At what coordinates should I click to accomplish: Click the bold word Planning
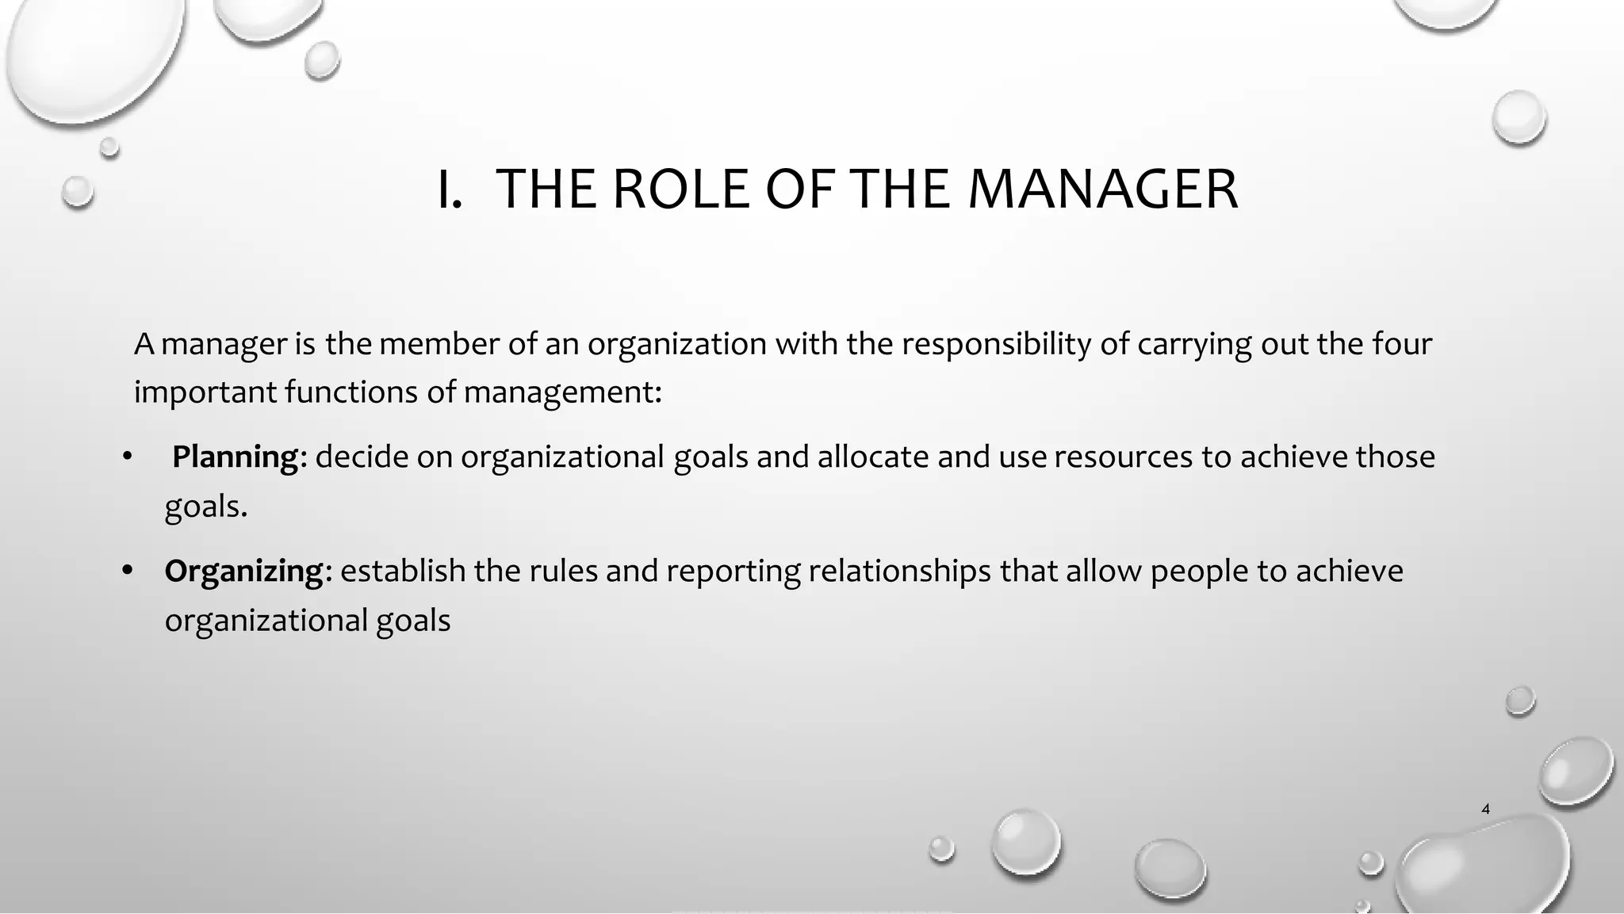(235, 457)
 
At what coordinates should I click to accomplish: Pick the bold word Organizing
(244, 571)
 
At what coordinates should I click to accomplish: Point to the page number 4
(1485, 809)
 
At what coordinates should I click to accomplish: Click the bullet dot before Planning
(127, 457)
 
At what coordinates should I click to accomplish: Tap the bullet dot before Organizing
(127, 571)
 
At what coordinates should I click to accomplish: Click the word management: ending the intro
(562, 392)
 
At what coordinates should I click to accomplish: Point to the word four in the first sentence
(1400, 344)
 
